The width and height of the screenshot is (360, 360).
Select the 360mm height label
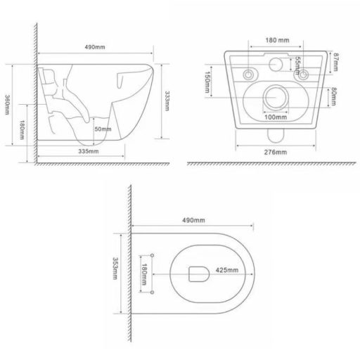tap(8, 105)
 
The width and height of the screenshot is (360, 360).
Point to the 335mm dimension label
tap(87, 150)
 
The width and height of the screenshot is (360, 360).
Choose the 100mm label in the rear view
tap(274, 117)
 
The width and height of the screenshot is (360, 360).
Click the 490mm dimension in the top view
tap(192, 221)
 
